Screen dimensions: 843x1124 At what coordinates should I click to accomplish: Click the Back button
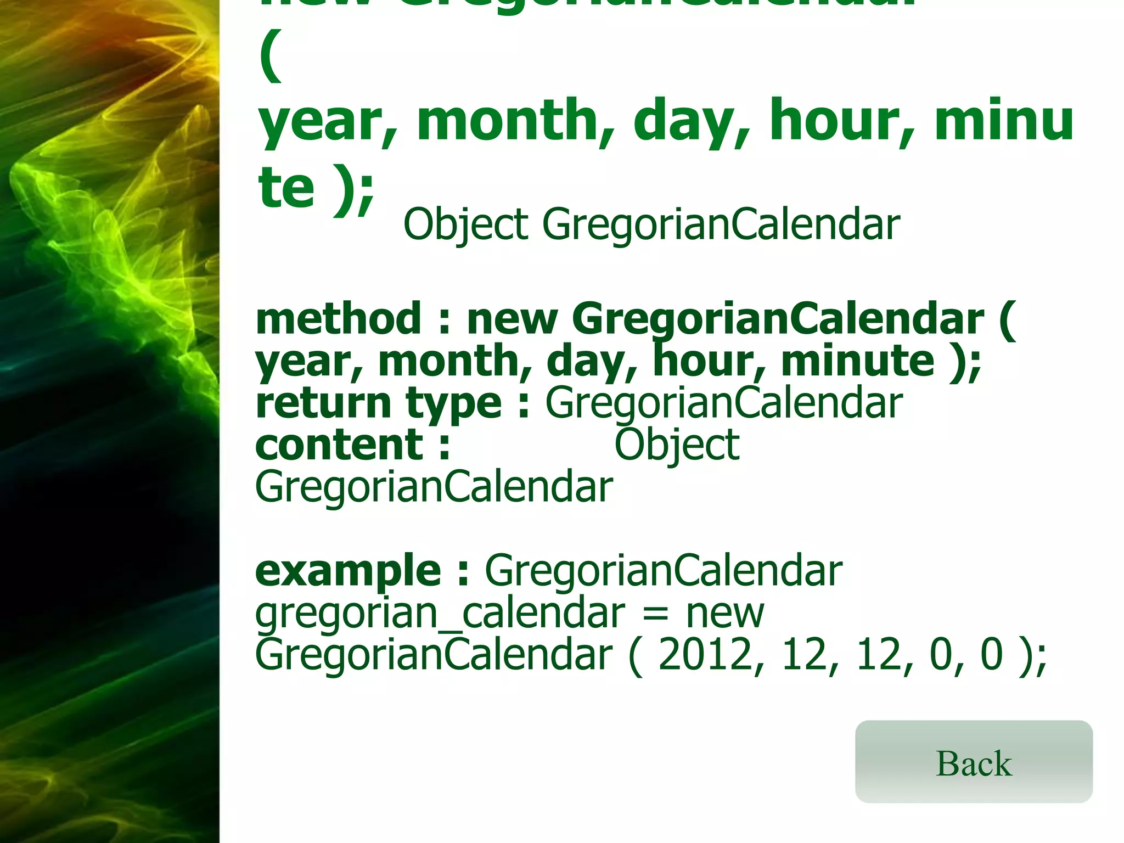973,762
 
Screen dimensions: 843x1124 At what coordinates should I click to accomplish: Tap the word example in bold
348,571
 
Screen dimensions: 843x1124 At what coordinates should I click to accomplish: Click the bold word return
323,403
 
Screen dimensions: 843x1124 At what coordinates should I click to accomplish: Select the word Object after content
676,446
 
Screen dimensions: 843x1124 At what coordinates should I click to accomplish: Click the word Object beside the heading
465,225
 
